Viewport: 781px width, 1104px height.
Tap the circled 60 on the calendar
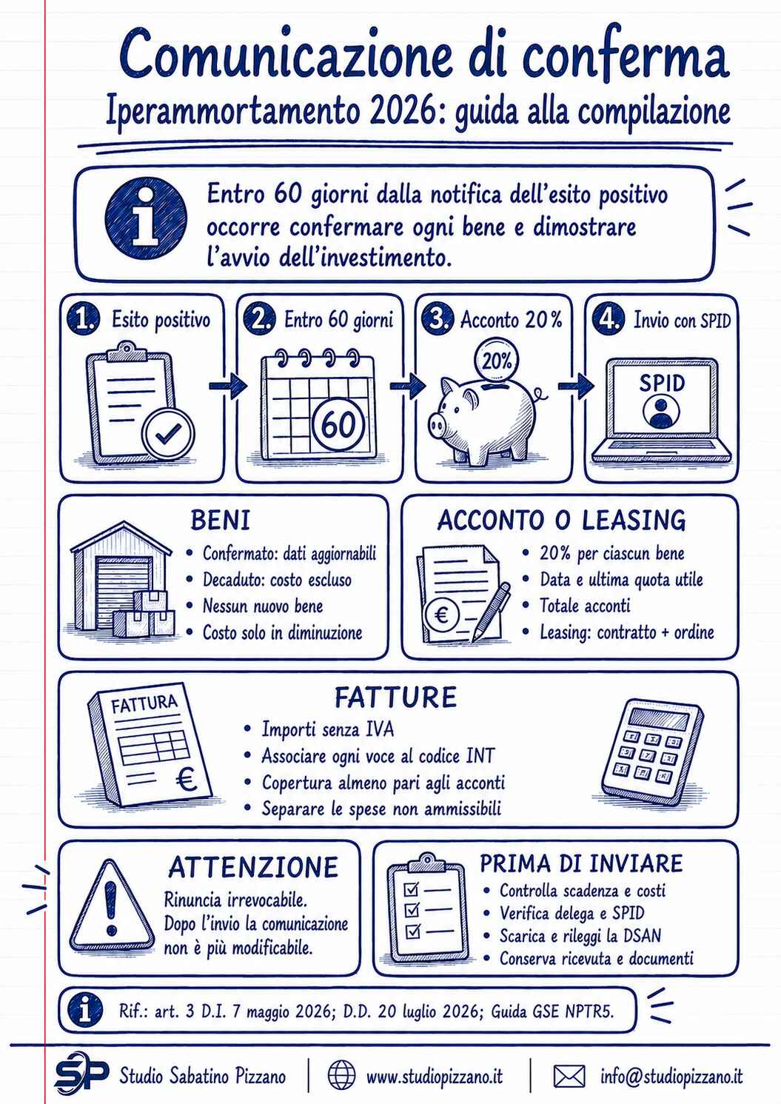(338, 424)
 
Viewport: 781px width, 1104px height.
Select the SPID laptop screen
(661, 398)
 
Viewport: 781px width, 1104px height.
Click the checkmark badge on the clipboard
(168, 434)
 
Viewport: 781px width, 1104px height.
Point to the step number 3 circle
(437, 319)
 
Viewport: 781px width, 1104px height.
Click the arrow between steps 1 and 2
(228, 385)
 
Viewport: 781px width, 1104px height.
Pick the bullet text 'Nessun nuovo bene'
(263, 606)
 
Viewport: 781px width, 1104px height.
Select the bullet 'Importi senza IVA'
(328, 729)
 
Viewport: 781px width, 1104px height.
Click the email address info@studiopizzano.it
(671, 1076)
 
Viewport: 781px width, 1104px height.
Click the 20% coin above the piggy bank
(496, 361)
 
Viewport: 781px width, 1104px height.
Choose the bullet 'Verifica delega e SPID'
(572, 913)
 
